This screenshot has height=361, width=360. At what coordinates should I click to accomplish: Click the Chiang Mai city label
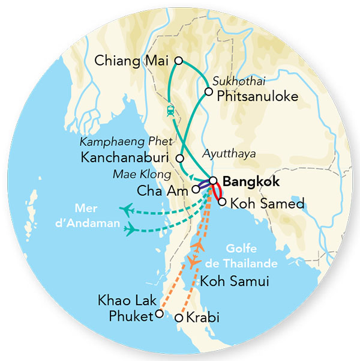(x=132, y=61)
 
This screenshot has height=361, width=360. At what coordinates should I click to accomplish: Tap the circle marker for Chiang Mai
(x=178, y=60)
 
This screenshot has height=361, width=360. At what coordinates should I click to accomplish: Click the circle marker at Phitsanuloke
(x=208, y=92)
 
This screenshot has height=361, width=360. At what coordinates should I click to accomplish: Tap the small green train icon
(x=170, y=110)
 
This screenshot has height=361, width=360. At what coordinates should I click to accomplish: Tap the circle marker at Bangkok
(x=213, y=180)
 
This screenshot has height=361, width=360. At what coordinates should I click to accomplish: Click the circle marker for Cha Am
(x=196, y=189)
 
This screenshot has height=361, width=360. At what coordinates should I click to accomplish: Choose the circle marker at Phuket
(x=159, y=314)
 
